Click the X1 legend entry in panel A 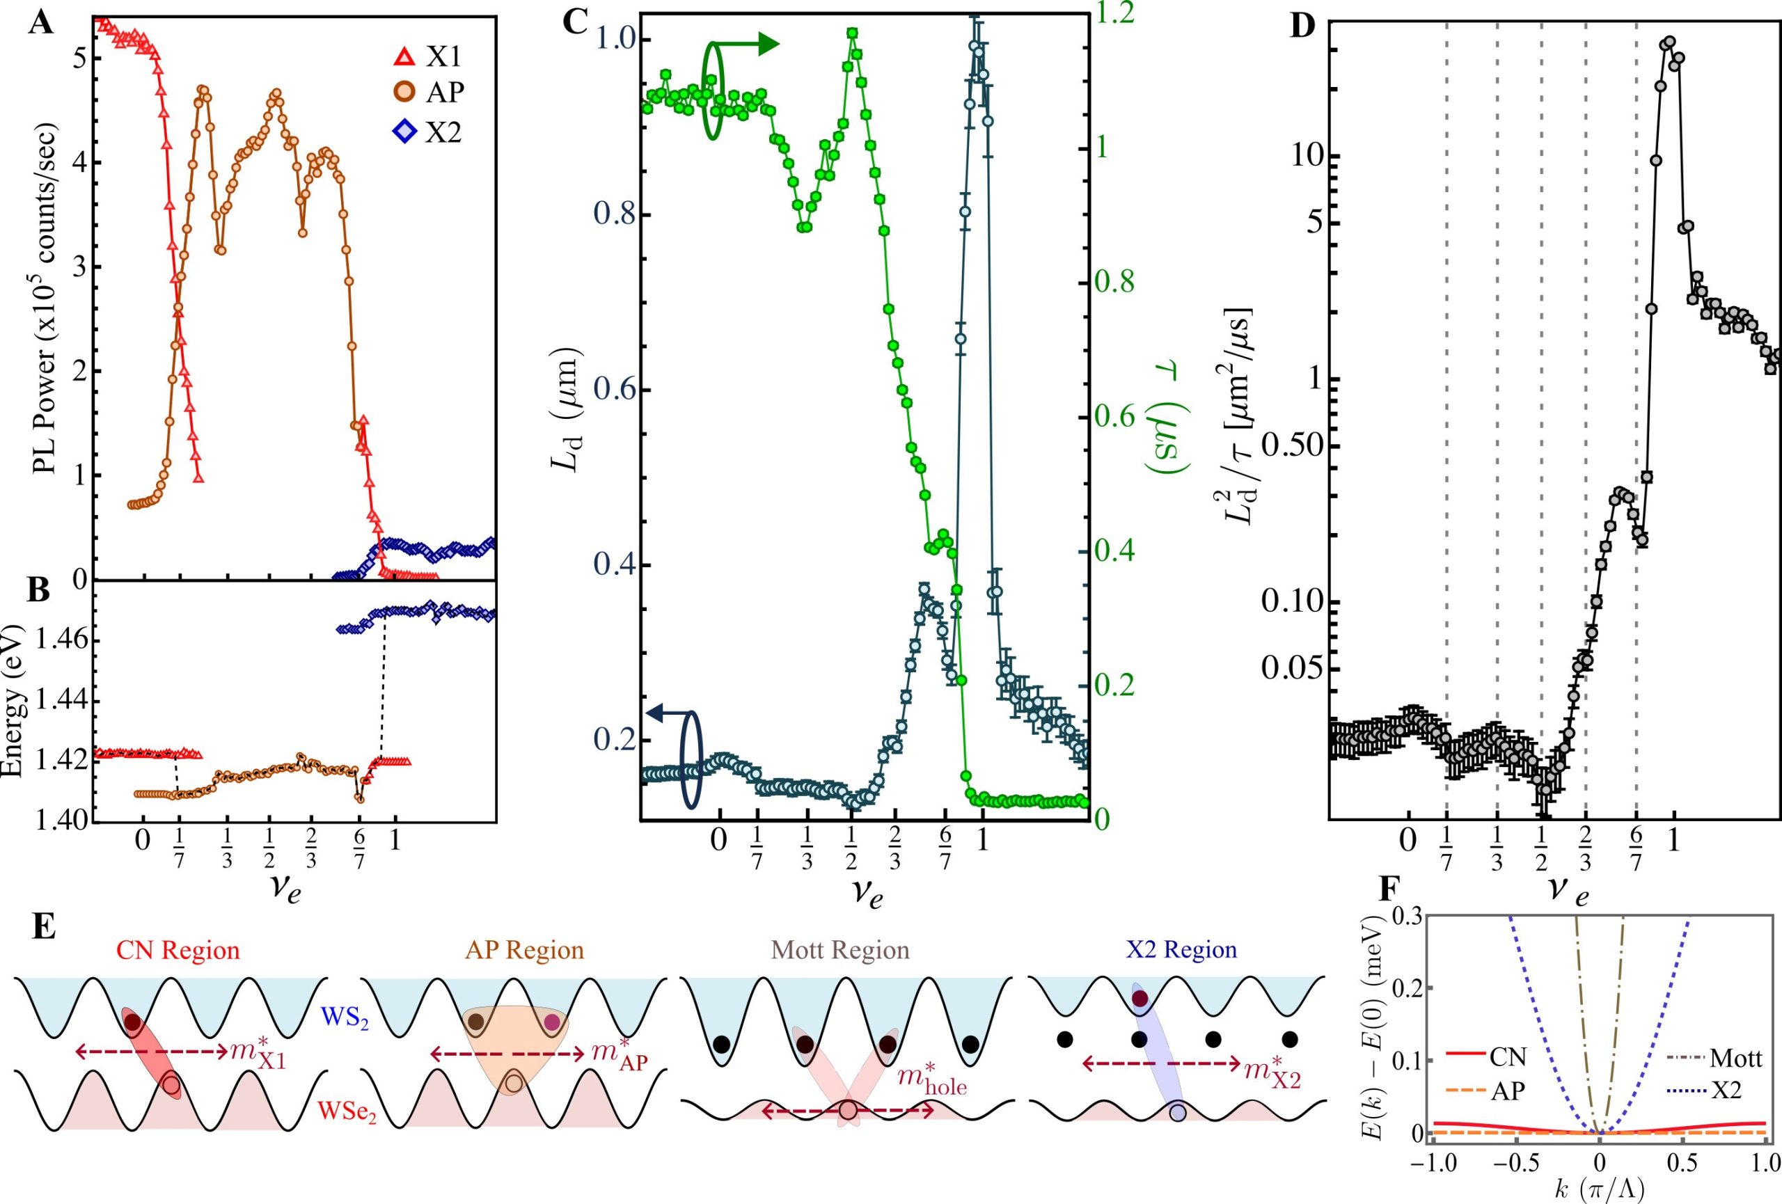click(429, 56)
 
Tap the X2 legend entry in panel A click(429, 133)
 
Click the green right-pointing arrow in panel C click(748, 45)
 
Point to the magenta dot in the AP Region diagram click(551, 1022)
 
